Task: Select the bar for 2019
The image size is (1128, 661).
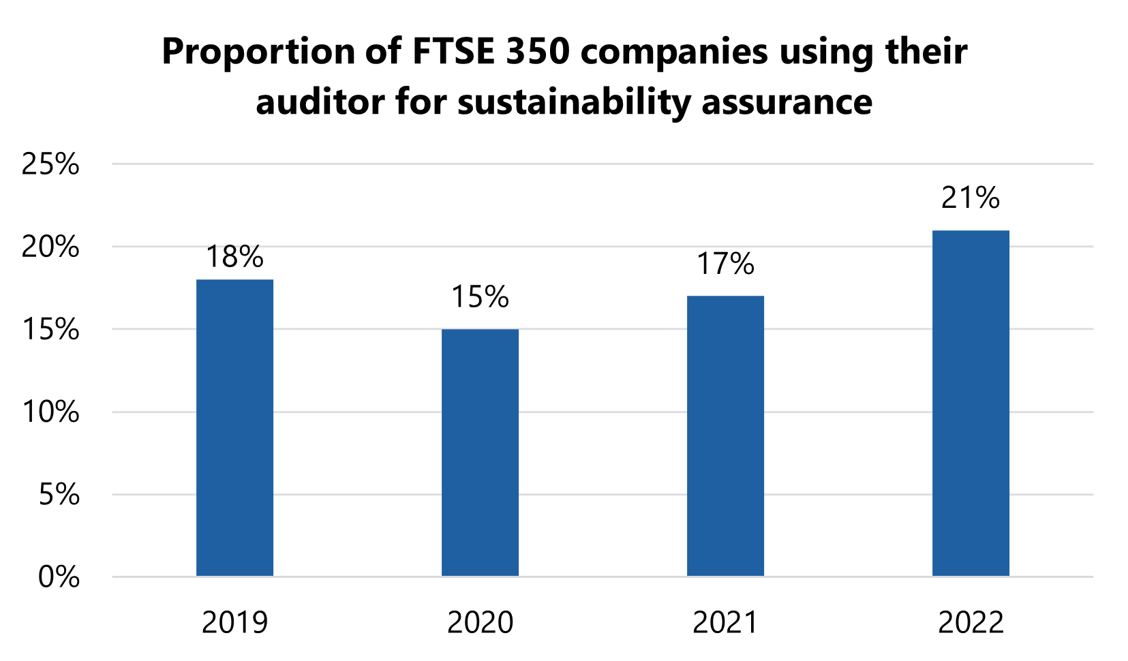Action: click(234, 428)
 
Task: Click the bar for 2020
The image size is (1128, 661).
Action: click(480, 453)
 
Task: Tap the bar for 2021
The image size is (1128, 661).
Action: click(725, 436)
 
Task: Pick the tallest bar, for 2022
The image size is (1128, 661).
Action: click(971, 403)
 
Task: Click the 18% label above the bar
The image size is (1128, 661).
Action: click(234, 258)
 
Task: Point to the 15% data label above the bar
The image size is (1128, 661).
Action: click(480, 298)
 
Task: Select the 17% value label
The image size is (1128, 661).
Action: click(725, 264)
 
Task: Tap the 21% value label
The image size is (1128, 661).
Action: click(971, 198)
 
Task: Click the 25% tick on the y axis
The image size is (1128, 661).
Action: click(50, 164)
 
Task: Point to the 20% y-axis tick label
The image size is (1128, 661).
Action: click(50, 247)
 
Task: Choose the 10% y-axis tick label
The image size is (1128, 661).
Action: click(50, 412)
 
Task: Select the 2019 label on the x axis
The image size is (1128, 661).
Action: click(234, 623)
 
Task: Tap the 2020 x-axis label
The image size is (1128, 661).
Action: click(480, 623)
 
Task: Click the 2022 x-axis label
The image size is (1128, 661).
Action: click(971, 623)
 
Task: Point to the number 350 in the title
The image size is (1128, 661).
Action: click(537, 52)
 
